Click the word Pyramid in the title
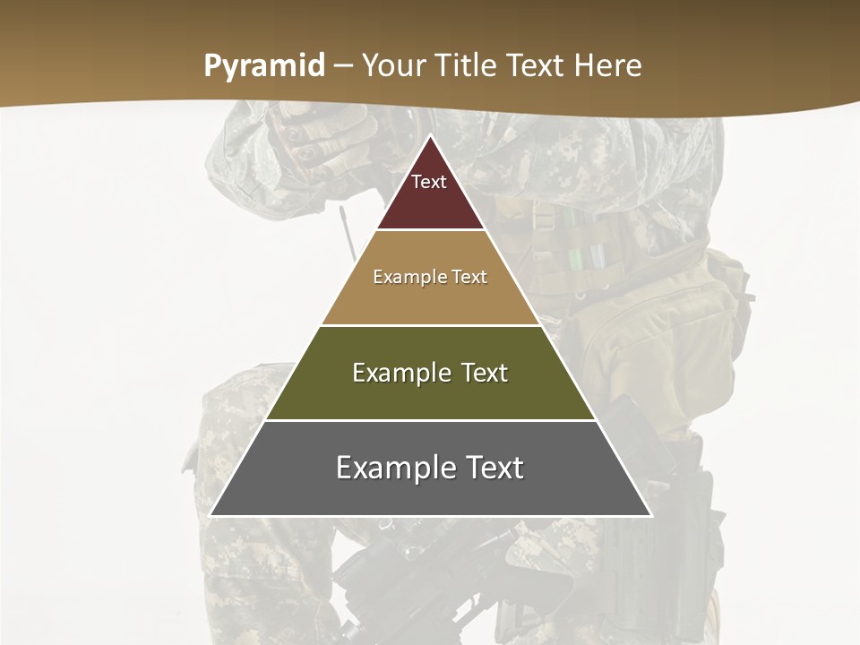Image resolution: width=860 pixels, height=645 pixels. pyautogui.click(x=263, y=66)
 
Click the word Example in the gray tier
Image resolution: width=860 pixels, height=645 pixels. pyautogui.click(x=392, y=468)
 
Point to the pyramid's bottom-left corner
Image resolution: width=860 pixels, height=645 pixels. pyautogui.click(x=211, y=515)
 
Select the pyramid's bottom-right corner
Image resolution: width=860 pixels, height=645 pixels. pyautogui.click(x=651, y=515)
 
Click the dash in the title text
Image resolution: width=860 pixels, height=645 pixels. pyautogui.click(x=343, y=66)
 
